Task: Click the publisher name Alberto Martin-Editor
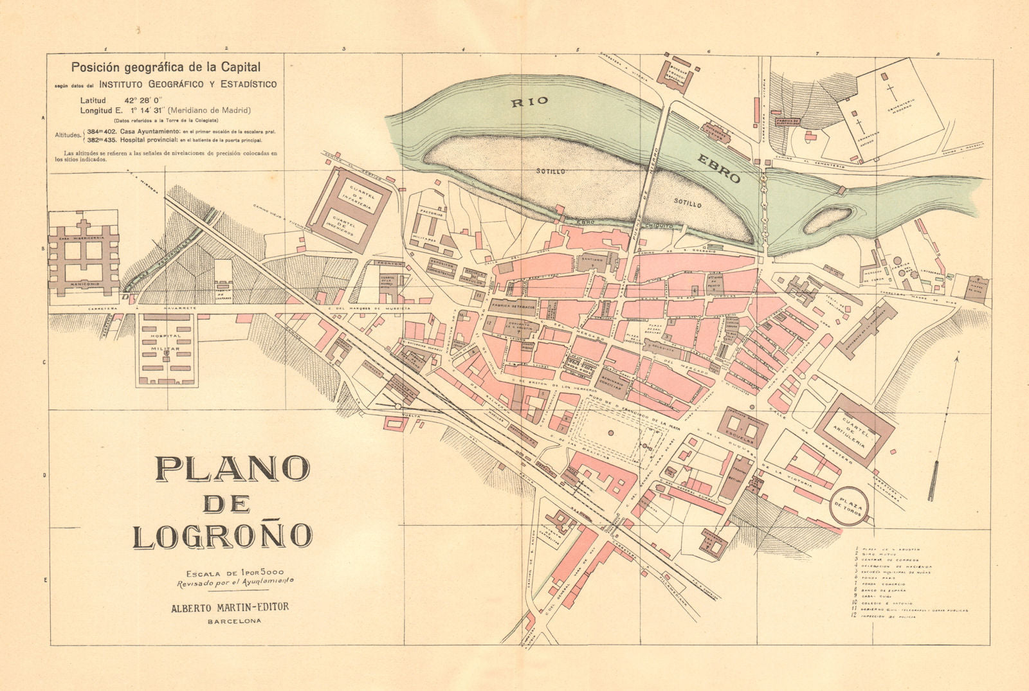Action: coord(229,607)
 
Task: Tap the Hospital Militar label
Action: coord(167,341)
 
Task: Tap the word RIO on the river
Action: coord(529,101)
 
